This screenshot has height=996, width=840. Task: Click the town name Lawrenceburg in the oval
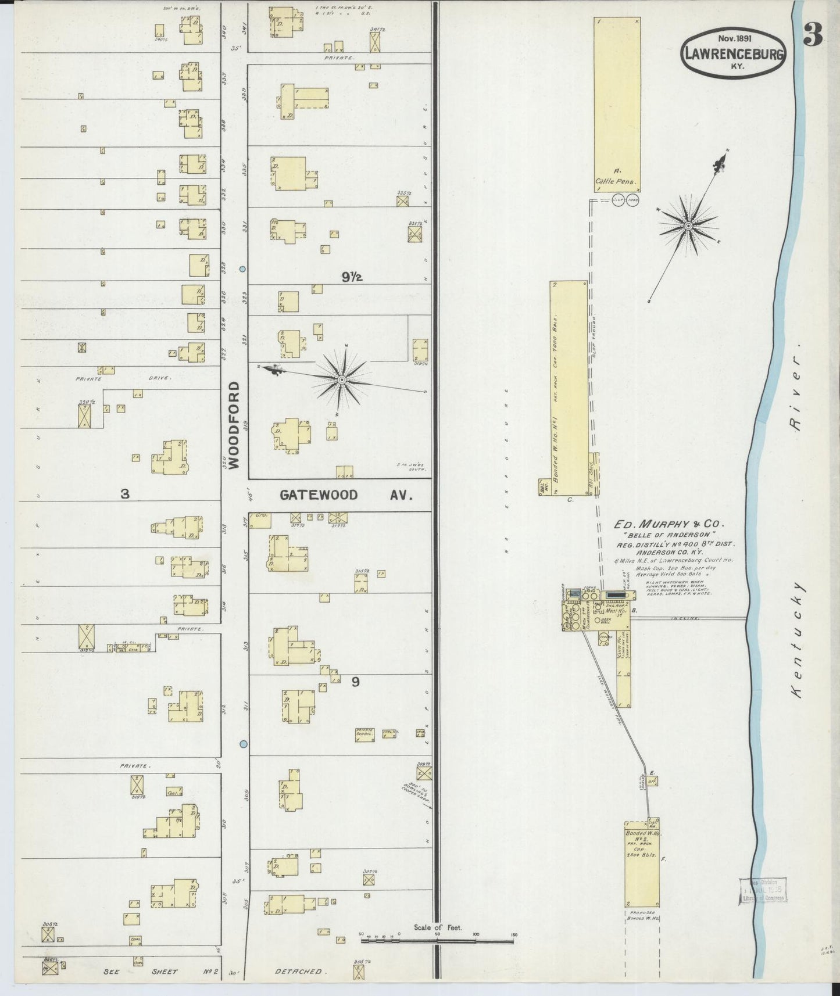click(734, 53)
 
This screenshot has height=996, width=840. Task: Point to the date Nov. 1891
click(734, 38)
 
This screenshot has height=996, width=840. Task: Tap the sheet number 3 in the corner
click(813, 36)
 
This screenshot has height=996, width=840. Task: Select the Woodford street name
click(234, 424)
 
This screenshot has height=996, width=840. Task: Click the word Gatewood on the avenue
click(318, 495)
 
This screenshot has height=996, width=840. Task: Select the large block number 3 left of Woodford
click(124, 494)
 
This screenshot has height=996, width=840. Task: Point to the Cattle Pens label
click(616, 181)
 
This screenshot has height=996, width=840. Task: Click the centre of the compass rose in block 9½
click(342, 380)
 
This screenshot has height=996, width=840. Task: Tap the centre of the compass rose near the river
click(688, 225)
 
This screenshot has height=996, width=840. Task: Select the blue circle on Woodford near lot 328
click(243, 269)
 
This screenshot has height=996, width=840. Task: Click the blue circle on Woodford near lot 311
click(244, 744)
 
